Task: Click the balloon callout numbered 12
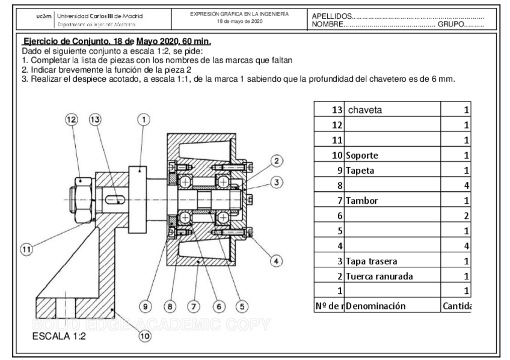coord(73,120)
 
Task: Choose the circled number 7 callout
coord(194,307)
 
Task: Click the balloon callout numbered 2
coord(276,160)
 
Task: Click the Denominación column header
coord(376,306)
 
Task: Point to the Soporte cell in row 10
coord(363,155)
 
